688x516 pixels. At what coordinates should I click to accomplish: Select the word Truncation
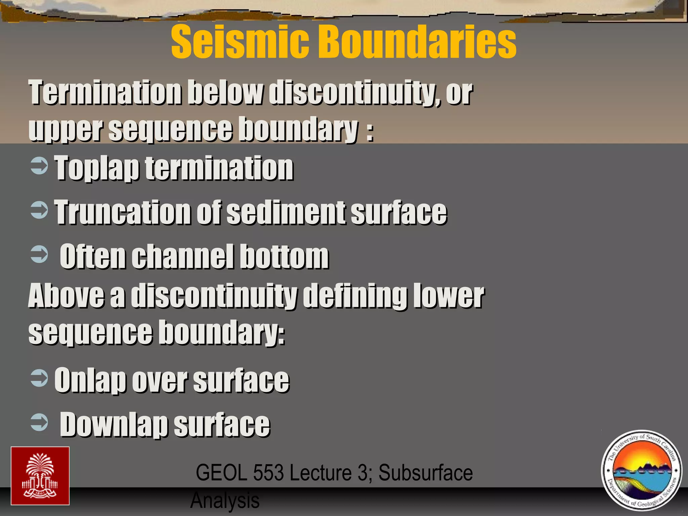pyautogui.click(x=123, y=212)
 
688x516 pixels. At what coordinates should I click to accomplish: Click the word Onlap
pyautogui.click(x=90, y=381)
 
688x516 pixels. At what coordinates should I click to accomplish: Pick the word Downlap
pyautogui.click(x=114, y=425)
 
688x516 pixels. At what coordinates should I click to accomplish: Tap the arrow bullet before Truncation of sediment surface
pyautogui.click(x=39, y=210)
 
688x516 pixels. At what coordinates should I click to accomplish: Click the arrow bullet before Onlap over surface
pyautogui.click(x=39, y=378)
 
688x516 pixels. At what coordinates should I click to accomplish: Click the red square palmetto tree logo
pyautogui.click(x=40, y=476)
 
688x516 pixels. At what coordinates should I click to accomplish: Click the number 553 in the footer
pyautogui.click(x=268, y=473)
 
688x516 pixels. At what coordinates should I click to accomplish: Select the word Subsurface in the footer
pyautogui.click(x=426, y=473)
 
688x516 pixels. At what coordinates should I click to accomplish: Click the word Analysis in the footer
pyautogui.click(x=225, y=500)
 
